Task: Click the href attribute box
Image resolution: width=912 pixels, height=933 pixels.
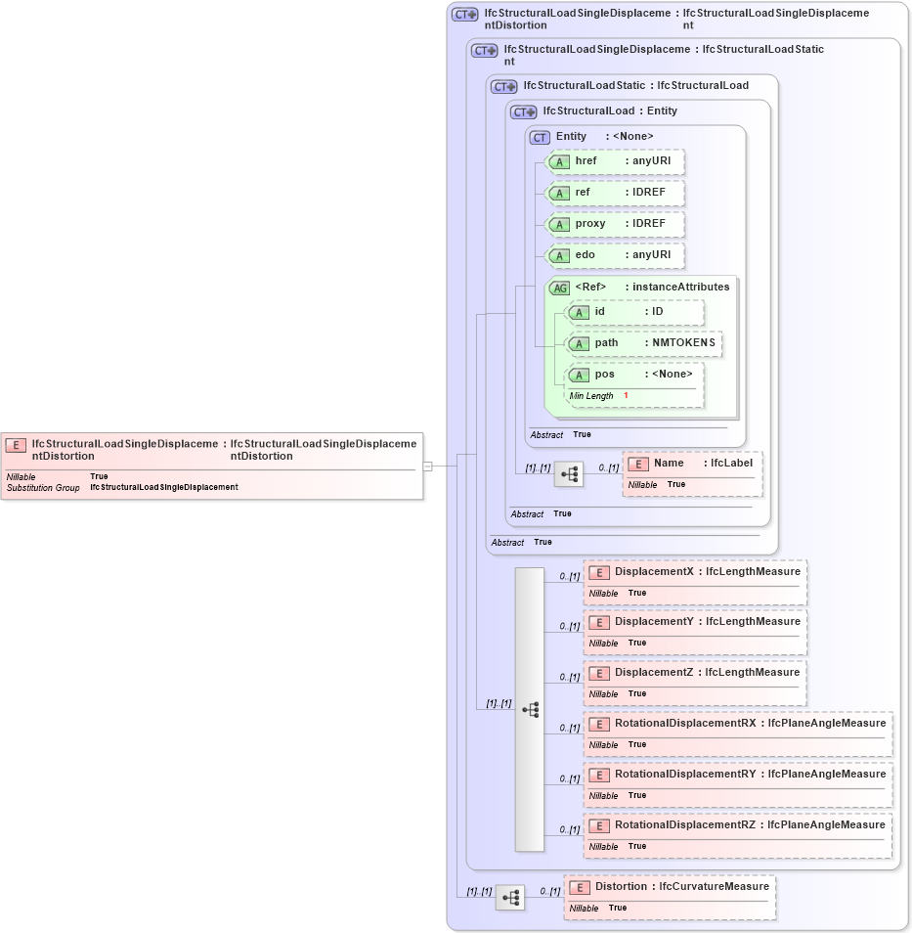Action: pos(615,161)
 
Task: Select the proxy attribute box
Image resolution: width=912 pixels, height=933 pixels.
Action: pos(615,224)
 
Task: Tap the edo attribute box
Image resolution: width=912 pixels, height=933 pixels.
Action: pos(615,255)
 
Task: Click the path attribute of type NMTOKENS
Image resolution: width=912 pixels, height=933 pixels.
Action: pos(645,343)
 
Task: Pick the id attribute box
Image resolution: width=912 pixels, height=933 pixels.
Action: pos(635,312)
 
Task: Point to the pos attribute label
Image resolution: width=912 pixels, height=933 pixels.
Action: pos(604,375)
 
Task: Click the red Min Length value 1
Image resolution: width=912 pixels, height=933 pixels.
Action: pos(626,396)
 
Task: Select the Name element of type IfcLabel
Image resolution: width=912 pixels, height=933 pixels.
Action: pos(692,464)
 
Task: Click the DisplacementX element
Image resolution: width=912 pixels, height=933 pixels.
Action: pos(695,572)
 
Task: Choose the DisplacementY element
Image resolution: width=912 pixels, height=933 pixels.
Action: pos(695,622)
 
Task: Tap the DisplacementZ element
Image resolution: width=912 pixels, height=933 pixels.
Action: pos(695,673)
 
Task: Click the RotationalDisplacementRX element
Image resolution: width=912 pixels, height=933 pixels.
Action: pos(738,724)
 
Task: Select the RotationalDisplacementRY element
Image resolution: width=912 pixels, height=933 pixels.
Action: pos(738,775)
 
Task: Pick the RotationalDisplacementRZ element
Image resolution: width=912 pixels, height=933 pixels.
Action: pos(738,825)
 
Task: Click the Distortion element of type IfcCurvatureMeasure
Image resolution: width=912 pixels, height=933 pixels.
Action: pos(671,887)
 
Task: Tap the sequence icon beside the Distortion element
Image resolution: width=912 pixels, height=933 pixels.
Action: pos(509,897)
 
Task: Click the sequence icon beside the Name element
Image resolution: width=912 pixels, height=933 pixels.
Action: pos(568,474)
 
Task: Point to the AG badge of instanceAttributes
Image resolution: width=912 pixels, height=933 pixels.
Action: pos(560,288)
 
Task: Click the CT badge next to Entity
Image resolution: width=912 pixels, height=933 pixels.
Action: pos(541,137)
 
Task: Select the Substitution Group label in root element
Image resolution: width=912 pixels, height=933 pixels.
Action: pos(43,487)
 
